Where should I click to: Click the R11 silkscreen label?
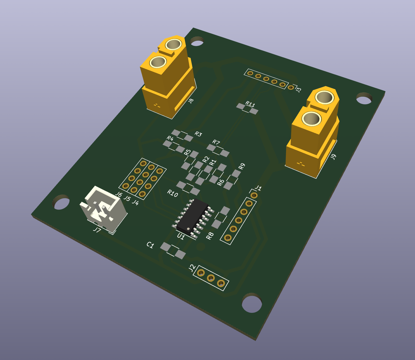tap(250, 104)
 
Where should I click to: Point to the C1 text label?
tap(150, 245)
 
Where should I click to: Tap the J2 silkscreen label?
tap(192, 268)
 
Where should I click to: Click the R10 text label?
tap(172, 193)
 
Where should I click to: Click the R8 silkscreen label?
tap(210, 236)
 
